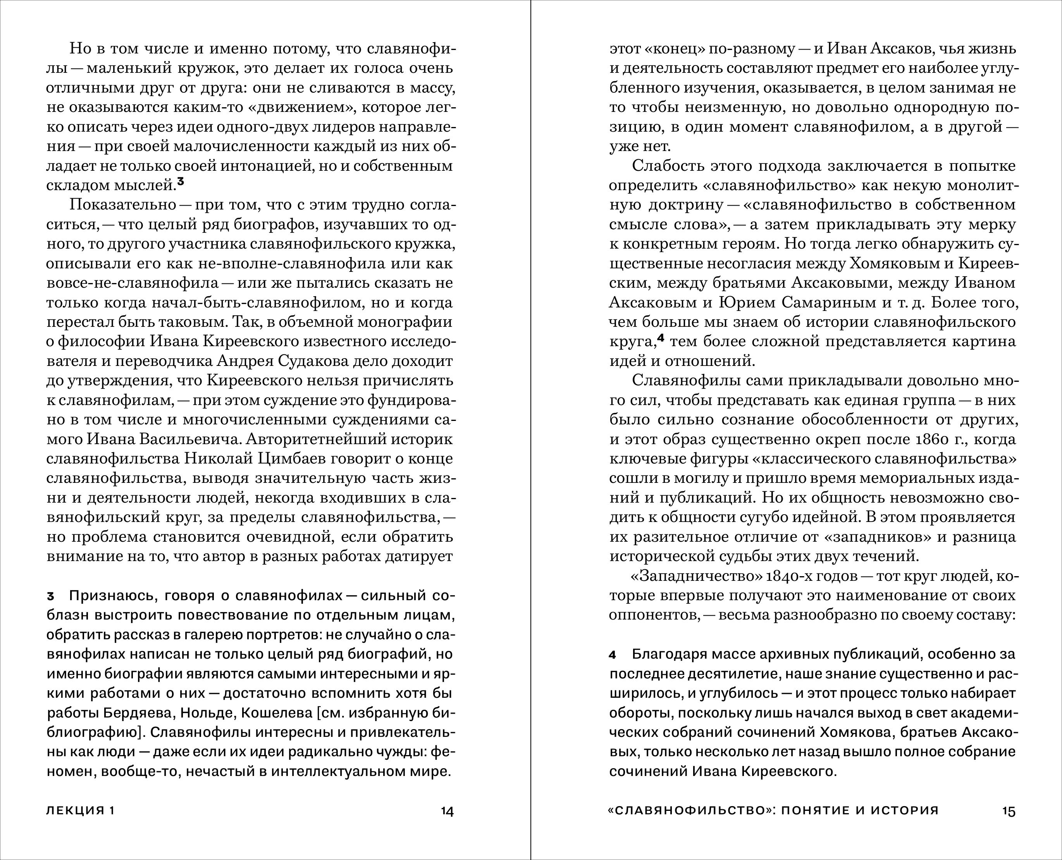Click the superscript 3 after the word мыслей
(x=181, y=182)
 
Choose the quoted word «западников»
(x=865, y=537)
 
